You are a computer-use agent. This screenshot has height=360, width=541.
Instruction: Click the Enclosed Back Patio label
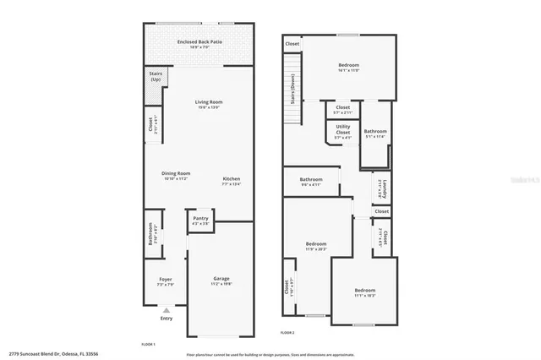pyautogui.click(x=199, y=44)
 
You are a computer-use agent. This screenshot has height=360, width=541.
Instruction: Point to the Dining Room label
pyautogui.click(x=176, y=176)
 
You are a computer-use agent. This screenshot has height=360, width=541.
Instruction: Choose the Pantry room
pyautogui.click(x=200, y=221)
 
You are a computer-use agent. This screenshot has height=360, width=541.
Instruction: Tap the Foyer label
pyautogui.click(x=165, y=281)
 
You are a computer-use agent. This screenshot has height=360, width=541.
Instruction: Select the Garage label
pyautogui.click(x=221, y=281)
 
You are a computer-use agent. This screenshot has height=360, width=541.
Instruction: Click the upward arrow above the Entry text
pyautogui.click(x=165, y=309)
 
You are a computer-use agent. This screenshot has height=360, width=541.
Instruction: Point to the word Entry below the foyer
pyautogui.click(x=165, y=319)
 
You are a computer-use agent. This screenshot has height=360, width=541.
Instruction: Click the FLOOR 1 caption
pyautogui.click(x=148, y=343)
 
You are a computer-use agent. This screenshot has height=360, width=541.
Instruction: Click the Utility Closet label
pyautogui.click(x=342, y=130)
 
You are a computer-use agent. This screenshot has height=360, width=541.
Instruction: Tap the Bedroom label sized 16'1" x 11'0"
pyautogui.click(x=348, y=68)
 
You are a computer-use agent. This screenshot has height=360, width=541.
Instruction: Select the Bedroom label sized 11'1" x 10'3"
pyautogui.click(x=364, y=293)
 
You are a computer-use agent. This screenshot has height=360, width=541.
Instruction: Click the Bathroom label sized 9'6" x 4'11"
pyautogui.click(x=310, y=181)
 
